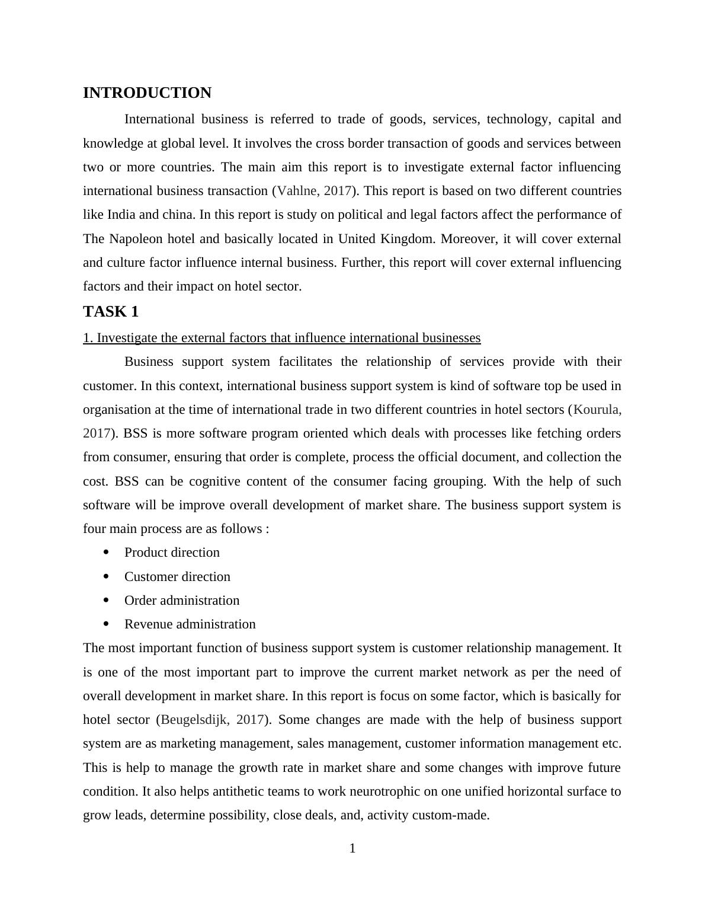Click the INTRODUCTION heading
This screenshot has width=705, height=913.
coord(147,93)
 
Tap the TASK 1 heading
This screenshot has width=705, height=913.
coord(111,311)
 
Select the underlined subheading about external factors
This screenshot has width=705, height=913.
coord(281,338)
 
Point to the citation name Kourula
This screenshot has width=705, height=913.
coord(597,410)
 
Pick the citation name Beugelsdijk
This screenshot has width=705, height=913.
coord(194,720)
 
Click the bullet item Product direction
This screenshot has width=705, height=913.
coord(172,553)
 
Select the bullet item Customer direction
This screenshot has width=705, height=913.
coord(177,577)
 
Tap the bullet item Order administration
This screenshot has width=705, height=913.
coord(182,601)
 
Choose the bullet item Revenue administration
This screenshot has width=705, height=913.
coord(190,624)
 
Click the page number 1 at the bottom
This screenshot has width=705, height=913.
coord(352,848)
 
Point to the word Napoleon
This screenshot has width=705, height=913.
coord(136,239)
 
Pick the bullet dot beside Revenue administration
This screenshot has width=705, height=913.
coord(106,624)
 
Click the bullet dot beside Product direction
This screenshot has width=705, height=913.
coord(106,552)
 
